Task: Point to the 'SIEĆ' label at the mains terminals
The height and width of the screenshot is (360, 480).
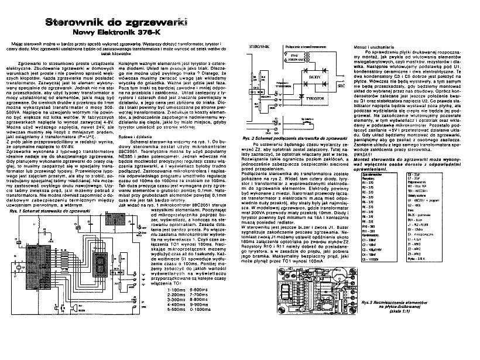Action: [341, 85]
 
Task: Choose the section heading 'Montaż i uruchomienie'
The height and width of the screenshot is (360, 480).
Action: [372, 46]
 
